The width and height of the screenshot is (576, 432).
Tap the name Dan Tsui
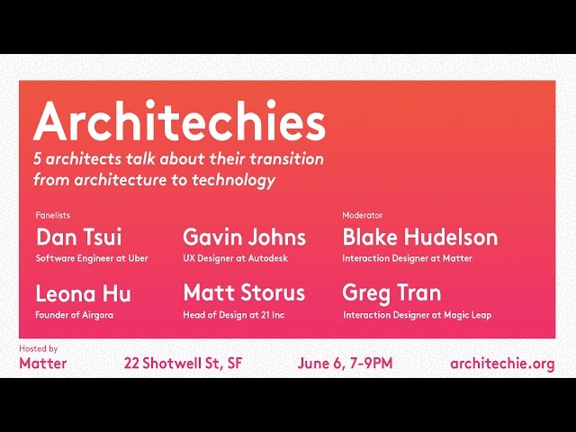point(78,238)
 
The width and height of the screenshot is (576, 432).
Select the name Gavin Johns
point(244,238)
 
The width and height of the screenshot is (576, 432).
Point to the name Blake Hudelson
point(419,238)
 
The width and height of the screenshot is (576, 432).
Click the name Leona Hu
point(83,293)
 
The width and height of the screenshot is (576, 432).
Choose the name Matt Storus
point(244,293)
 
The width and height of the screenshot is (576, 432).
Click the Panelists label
point(53,216)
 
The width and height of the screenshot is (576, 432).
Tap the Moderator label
point(363,216)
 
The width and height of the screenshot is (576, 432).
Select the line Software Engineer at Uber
point(92,258)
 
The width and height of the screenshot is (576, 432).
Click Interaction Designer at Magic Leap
point(417,315)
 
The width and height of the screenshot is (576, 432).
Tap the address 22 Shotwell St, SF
point(183,364)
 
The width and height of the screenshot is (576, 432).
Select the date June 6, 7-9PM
point(345,364)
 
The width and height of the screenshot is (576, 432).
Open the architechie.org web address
point(502,364)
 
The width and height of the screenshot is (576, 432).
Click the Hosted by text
point(38,348)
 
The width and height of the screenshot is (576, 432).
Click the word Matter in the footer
point(42,364)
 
